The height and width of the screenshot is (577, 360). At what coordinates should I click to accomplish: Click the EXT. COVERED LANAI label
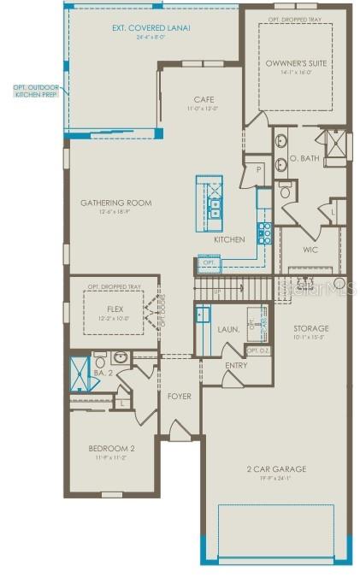pyautogui.click(x=150, y=28)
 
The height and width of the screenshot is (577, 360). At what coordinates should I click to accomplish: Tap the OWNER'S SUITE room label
pyautogui.click(x=296, y=63)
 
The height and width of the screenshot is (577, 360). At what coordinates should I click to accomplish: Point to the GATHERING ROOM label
pyautogui.click(x=116, y=203)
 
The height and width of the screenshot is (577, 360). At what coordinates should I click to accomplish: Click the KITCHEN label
pyautogui.click(x=229, y=240)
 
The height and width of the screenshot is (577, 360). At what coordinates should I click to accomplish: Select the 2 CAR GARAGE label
pyautogui.click(x=276, y=469)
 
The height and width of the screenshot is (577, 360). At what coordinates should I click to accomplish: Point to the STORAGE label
pyautogui.click(x=310, y=328)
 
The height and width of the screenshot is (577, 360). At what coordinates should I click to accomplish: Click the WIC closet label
pyautogui.click(x=310, y=250)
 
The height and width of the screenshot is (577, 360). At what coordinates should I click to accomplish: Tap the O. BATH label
pyautogui.click(x=304, y=159)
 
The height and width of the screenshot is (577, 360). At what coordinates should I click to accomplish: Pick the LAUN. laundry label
pyautogui.click(x=228, y=328)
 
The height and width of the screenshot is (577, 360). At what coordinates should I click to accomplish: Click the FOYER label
pyautogui.click(x=179, y=396)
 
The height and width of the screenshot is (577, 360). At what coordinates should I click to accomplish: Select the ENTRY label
pyautogui.click(x=237, y=366)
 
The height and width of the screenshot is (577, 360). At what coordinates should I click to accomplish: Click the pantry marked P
pyautogui.click(x=257, y=169)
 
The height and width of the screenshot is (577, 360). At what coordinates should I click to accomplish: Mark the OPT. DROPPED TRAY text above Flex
pyautogui.click(x=115, y=287)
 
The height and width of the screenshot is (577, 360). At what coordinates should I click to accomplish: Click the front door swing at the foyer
pyautogui.click(x=180, y=430)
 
